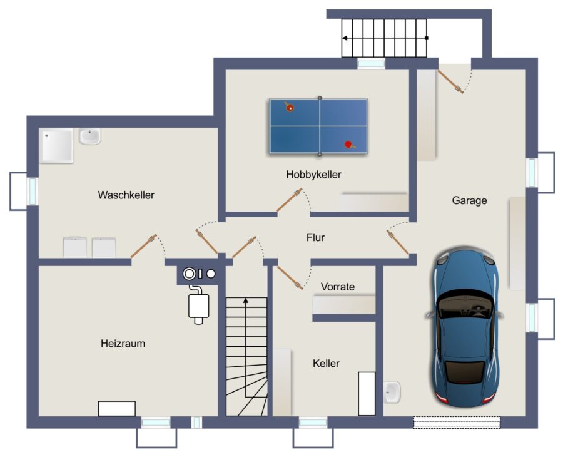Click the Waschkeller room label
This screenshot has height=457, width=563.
pos(126,195)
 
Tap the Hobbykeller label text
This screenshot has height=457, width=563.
pos(314,175)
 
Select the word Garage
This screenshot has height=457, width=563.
pos(469,200)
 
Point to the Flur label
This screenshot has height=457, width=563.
pos(316,237)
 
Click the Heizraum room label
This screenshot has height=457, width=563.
pos(123,344)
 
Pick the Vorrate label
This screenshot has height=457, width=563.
pos(338,287)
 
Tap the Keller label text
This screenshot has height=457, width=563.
pos(326,363)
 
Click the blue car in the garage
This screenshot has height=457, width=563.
pos(465,327)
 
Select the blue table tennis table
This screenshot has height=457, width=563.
pos(319,126)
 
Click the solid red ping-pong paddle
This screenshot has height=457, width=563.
pos(348,145)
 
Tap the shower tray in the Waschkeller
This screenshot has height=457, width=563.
pos(56,145)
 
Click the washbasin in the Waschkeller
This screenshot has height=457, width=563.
pos(89,136)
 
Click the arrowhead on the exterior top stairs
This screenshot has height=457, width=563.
pos(344,38)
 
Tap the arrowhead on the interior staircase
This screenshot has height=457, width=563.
pos(246,300)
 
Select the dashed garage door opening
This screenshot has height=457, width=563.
pos(457,422)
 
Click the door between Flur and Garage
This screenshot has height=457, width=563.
pos(398,242)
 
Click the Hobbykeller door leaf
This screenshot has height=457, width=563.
pos(290,200)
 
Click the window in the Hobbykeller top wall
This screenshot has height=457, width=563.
pos(371,64)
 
